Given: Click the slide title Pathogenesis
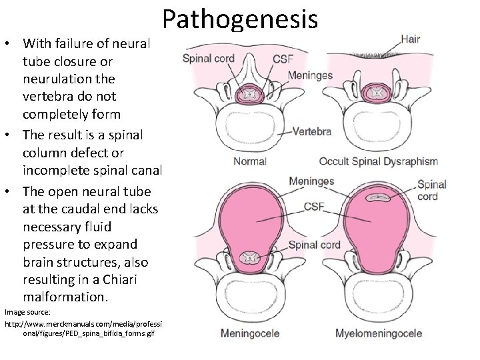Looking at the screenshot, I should (x=239, y=19).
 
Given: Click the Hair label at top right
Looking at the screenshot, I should (x=409, y=39).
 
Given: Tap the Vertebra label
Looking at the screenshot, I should (x=311, y=131).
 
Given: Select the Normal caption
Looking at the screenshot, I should (x=250, y=161).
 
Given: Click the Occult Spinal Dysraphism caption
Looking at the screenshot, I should (x=379, y=161).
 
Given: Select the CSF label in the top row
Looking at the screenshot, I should (x=283, y=59).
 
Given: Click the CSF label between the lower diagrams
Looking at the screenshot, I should (x=315, y=207).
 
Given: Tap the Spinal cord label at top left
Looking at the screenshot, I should (x=208, y=59).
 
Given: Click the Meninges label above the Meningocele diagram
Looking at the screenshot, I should (x=311, y=181).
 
